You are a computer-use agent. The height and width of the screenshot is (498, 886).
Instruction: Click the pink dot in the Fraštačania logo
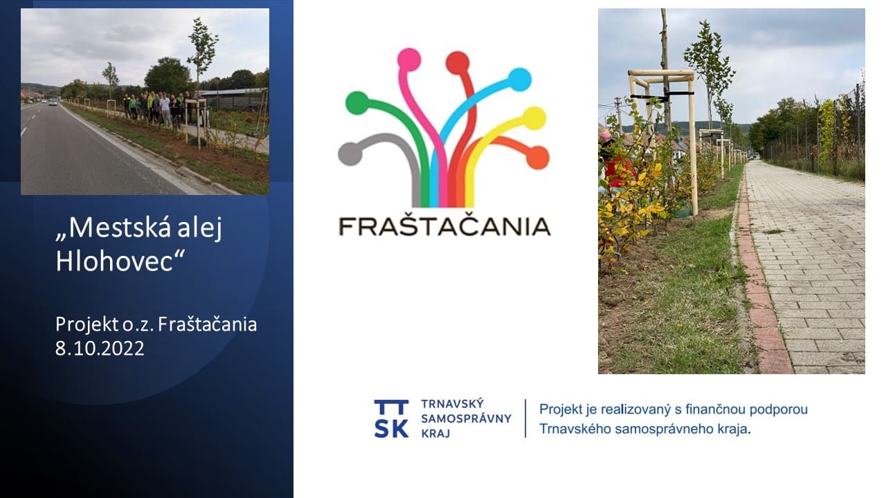[x=409, y=59]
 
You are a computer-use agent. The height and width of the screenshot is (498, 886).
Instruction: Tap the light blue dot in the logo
[x=519, y=80]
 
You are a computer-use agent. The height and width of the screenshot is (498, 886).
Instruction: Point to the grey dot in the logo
[x=350, y=154]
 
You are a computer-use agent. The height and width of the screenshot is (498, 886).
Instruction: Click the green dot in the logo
[x=357, y=103]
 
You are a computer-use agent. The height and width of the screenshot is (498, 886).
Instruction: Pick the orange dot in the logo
[x=538, y=157]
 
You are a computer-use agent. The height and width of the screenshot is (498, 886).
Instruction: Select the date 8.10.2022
[x=100, y=349]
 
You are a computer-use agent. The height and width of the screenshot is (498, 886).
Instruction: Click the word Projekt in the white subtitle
[x=87, y=325]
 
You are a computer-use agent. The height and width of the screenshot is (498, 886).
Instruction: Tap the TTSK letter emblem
[x=391, y=418]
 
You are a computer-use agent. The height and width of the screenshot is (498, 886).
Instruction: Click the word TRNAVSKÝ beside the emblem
[x=452, y=403]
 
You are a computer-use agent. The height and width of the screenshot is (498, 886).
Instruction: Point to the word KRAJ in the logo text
[x=435, y=434]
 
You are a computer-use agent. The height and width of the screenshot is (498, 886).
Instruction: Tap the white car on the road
[x=53, y=102]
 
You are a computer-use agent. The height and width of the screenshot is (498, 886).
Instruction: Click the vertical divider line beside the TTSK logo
[x=525, y=418]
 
